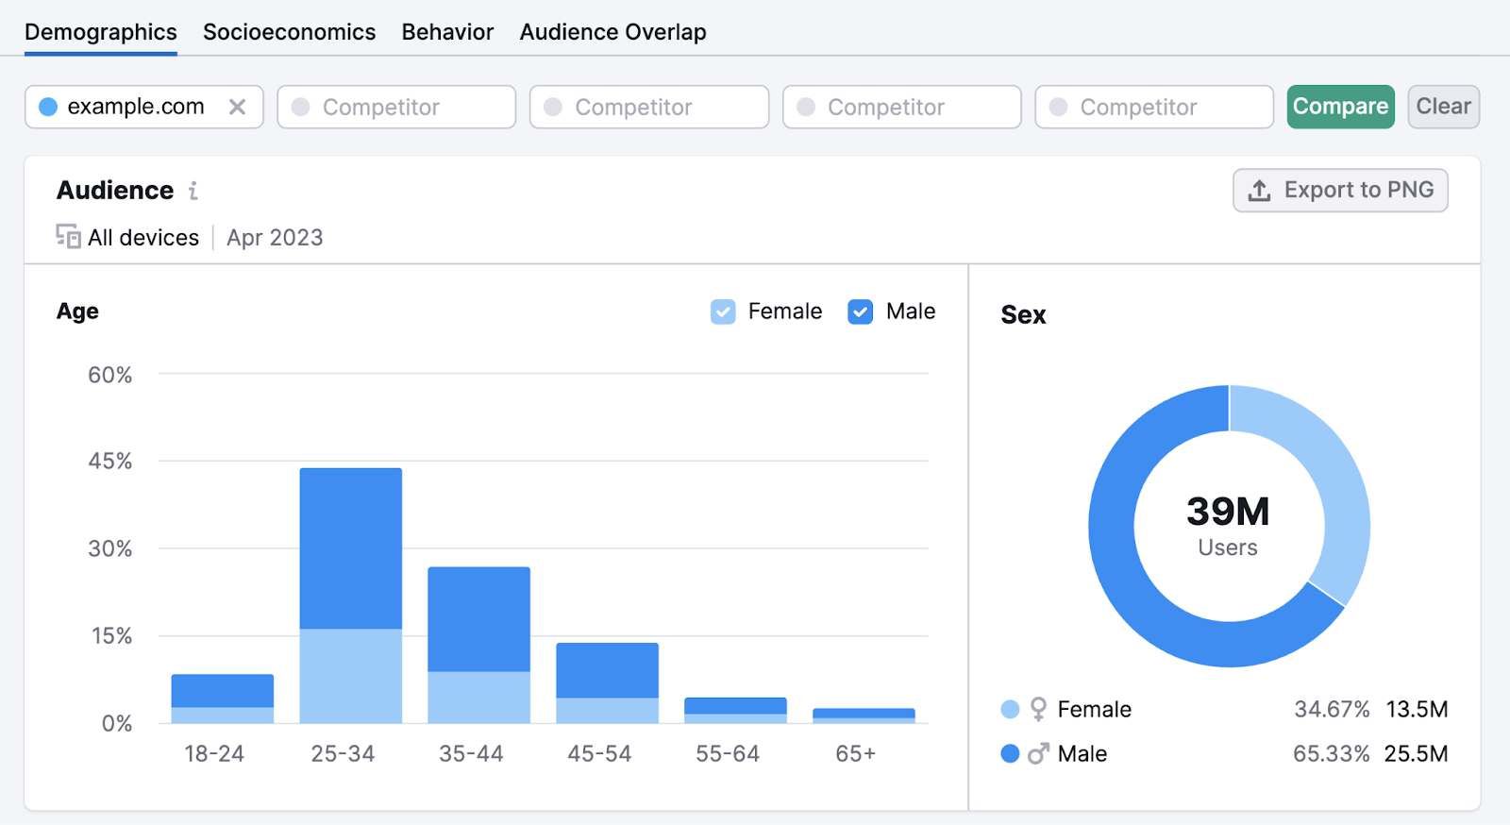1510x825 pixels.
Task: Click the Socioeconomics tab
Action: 289,32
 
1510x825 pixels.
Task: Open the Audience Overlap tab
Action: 612,32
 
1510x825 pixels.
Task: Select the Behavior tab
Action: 447,32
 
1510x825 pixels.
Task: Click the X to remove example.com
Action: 238,107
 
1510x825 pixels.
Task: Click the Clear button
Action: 1443,107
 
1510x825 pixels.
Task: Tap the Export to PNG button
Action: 1340,190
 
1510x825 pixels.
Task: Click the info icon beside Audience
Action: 193,191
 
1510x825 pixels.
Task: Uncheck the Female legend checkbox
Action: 723,311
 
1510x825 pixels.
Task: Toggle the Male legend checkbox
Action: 860,311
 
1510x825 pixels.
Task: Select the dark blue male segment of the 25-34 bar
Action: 350,547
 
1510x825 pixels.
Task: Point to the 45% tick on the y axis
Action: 109,462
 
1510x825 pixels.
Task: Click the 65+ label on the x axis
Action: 855,754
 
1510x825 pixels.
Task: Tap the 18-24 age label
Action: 214,754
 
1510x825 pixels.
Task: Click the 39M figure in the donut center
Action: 1228,512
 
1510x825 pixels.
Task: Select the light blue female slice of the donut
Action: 1334,491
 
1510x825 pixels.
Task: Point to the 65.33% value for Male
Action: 1331,754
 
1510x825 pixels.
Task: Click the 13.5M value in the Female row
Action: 1417,710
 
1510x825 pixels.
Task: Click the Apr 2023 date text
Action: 275,238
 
